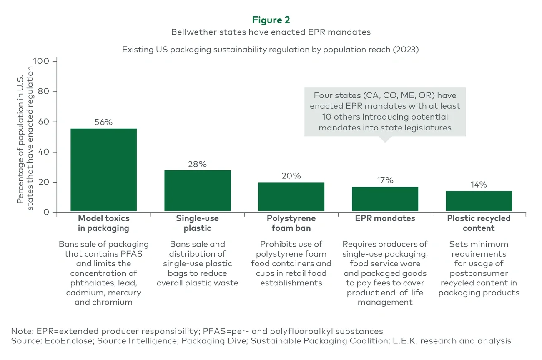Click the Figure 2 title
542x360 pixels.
(x=271, y=20)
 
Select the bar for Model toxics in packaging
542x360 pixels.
(x=103, y=170)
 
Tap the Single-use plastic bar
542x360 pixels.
(x=197, y=190)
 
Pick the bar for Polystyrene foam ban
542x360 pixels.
(x=291, y=196)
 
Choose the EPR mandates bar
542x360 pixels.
(x=385, y=199)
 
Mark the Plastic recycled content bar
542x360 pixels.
(x=479, y=201)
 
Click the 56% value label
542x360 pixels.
(x=103, y=122)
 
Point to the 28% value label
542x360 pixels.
(x=197, y=164)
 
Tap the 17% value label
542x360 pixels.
(x=385, y=180)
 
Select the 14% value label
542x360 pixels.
(x=479, y=185)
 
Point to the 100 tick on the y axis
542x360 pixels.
(x=44, y=61)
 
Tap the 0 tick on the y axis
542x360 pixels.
(x=47, y=212)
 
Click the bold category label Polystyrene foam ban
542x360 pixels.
(x=291, y=223)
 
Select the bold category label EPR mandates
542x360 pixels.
(x=385, y=218)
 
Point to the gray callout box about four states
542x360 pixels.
(x=385, y=111)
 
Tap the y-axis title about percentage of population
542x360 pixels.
(x=25, y=135)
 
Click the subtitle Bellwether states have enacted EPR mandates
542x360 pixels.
(x=271, y=32)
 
